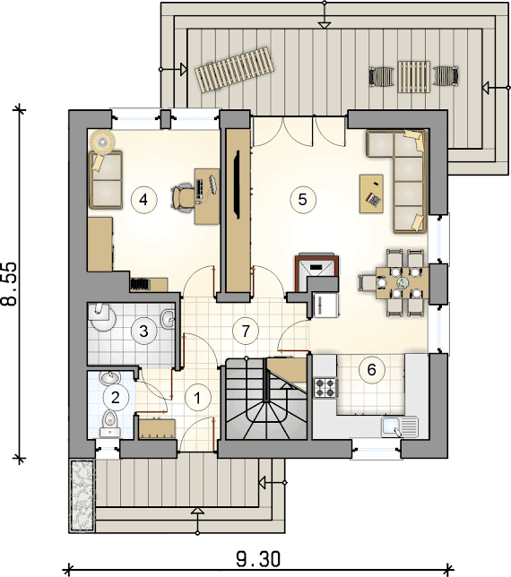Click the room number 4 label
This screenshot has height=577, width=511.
(144, 200)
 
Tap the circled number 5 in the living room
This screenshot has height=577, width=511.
(303, 200)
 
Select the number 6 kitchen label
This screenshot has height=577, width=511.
(371, 369)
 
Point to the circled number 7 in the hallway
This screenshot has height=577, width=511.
(246, 331)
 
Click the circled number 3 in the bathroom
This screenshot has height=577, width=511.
(144, 331)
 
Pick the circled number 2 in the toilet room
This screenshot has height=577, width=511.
(116, 398)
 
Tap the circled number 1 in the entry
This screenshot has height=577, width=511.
(198, 398)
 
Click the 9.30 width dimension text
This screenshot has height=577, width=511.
(258, 559)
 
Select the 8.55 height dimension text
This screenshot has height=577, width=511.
(10, 284)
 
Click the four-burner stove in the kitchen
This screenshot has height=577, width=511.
(325, 388)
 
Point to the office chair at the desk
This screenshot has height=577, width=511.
(182, 199)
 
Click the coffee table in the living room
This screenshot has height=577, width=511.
(371, 194)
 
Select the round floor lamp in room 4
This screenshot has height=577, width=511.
(102, 141)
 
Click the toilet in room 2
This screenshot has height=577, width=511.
(109, 424)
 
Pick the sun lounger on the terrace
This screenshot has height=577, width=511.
(235, 70)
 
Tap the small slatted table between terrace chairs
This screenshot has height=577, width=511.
(414, 76)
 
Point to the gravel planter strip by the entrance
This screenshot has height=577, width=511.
(82, 495)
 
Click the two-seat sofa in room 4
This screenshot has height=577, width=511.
(105, 180)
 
